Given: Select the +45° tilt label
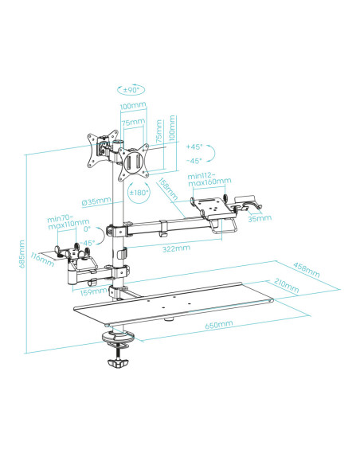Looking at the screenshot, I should click(x=194, y=147).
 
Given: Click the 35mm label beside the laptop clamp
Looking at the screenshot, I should click(x=256, y=217).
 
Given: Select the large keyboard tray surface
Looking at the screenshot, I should click(x=175, y=306).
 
